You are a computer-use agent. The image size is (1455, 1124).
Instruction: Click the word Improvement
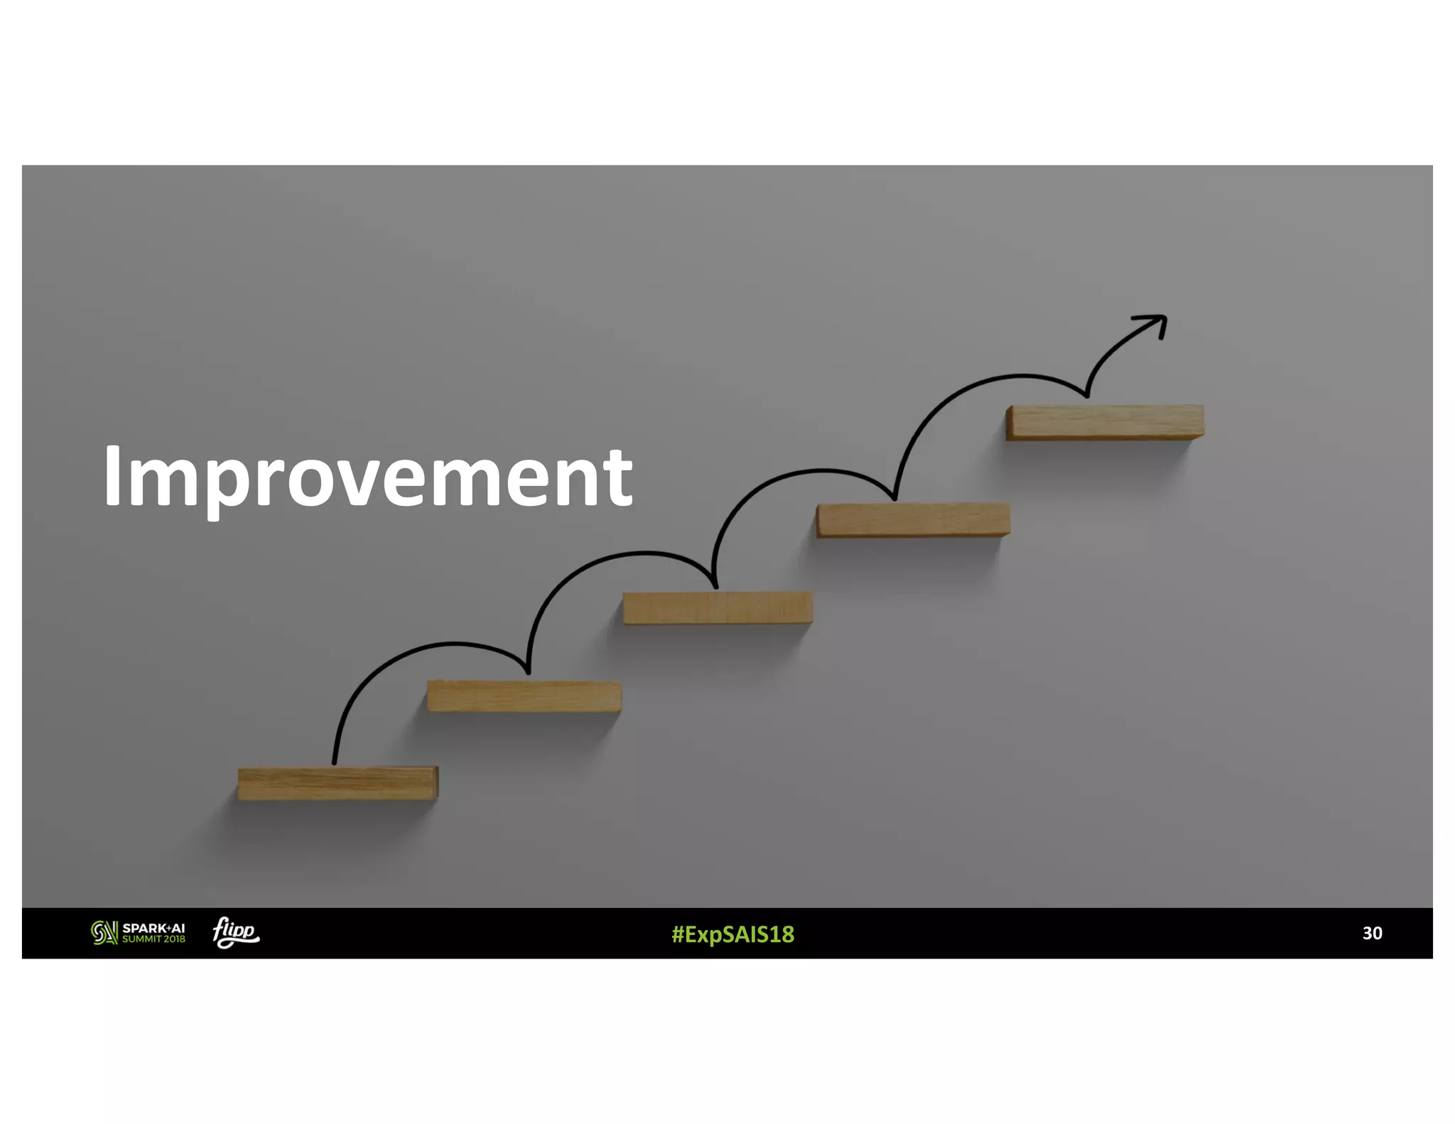(367, 475)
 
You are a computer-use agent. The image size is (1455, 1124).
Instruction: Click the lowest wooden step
(337, 783)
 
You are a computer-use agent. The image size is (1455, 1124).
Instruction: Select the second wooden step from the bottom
(524, 696)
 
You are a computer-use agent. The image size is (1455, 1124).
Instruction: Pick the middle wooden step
(718, 608)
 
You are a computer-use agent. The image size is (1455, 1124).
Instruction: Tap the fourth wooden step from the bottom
(913, 520)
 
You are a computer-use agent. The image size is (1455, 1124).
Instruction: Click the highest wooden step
(1105, 422)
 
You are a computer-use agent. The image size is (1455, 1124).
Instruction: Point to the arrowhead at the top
(1154, 324)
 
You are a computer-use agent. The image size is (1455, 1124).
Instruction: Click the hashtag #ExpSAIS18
(732, 934)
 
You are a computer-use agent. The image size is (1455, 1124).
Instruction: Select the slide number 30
(1372, 933)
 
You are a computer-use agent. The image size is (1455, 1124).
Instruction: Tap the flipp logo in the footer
(236, 932)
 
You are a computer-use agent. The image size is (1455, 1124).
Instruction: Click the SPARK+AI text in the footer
(153, 928)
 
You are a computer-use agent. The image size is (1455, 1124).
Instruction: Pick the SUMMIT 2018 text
(153, 939)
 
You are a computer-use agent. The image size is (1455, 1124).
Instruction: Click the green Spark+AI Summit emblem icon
(104, 933)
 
